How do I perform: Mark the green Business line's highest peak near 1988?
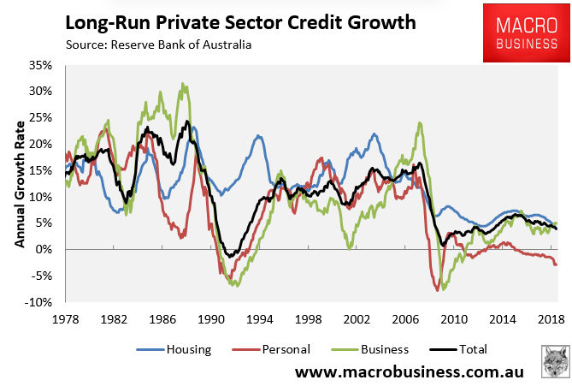point(182,84)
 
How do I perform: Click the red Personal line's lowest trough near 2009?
point(438,290)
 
